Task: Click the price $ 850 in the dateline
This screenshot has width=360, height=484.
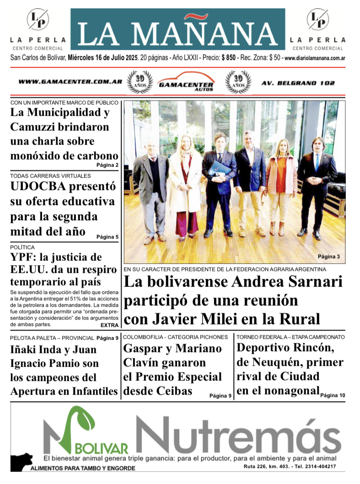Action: pos(228,58)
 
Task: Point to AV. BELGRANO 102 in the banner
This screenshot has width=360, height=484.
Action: pos(298,83)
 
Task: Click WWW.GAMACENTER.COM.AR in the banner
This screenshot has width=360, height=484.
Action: pos(70,82)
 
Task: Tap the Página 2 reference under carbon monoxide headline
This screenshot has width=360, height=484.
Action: pos(107,165)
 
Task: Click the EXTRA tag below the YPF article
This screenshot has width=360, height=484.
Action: pos(109,325)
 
